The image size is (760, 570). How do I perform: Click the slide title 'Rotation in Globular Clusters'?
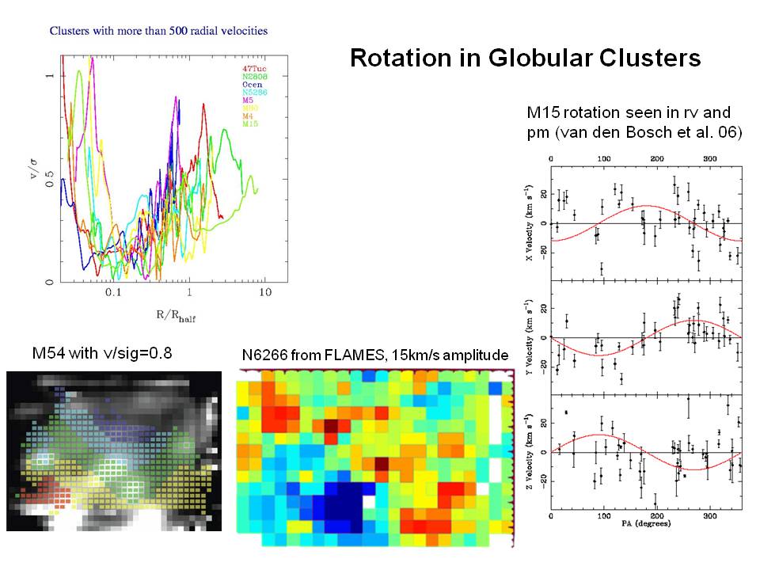coord(525,59)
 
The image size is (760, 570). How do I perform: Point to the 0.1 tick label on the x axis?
coord(112,292)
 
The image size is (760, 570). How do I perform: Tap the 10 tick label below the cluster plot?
coord(264,292)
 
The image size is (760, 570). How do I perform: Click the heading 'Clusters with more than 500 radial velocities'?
coord(158,32)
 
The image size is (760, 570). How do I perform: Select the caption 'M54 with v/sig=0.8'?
coord(101,352)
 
